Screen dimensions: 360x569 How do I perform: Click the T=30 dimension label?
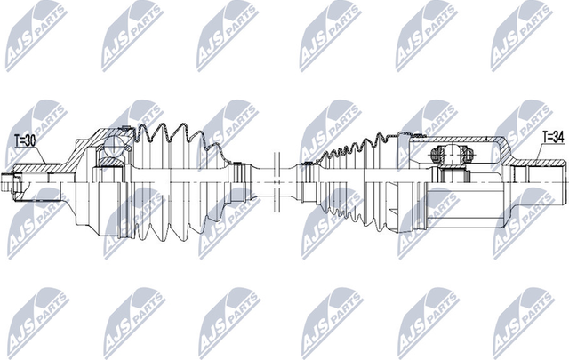(26, 140)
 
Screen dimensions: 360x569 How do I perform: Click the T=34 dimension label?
(553, 136)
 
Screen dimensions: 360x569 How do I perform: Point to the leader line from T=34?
(542, 153)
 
